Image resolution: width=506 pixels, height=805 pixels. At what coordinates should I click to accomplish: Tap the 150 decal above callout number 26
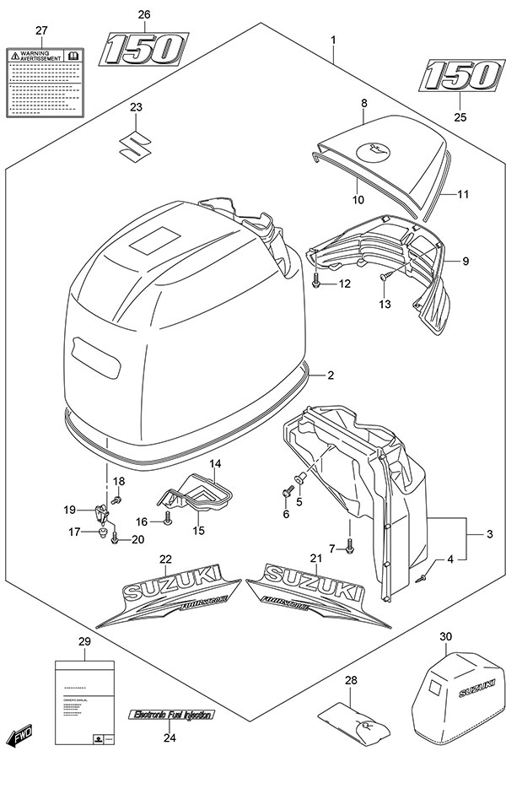pos(143,50)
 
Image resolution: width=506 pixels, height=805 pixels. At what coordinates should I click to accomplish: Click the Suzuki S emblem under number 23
pos(136,145)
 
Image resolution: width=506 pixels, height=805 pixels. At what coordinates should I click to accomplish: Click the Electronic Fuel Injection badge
pos(171,715)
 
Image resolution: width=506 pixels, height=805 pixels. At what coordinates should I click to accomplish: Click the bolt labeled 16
pos(170,521)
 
